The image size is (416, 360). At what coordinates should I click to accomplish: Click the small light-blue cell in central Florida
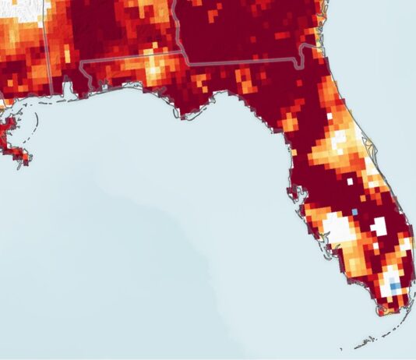[x=356, y=211]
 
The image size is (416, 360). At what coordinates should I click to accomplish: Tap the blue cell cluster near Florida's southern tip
[x=394, y=287]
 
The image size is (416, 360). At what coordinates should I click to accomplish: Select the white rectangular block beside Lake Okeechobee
[x=379, y=227]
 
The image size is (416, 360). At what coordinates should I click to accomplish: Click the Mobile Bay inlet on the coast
[x=78, y=90]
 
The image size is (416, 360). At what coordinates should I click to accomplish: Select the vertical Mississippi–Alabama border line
[x=51, y=39]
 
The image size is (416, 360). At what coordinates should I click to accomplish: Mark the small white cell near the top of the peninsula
[x=329, y=115]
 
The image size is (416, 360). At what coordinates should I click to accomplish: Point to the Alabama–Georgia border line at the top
[x=178, y=23]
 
